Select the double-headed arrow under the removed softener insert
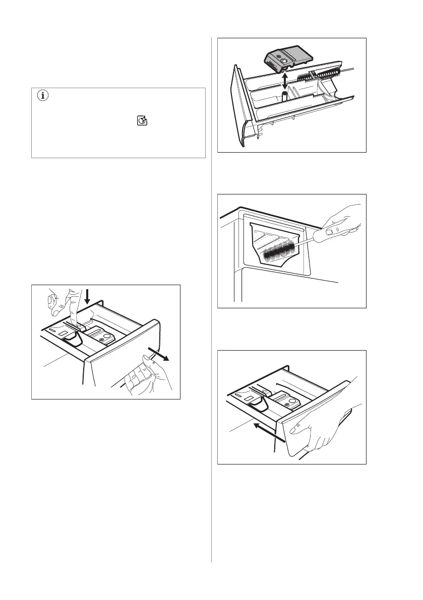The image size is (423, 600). coord(285,80)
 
